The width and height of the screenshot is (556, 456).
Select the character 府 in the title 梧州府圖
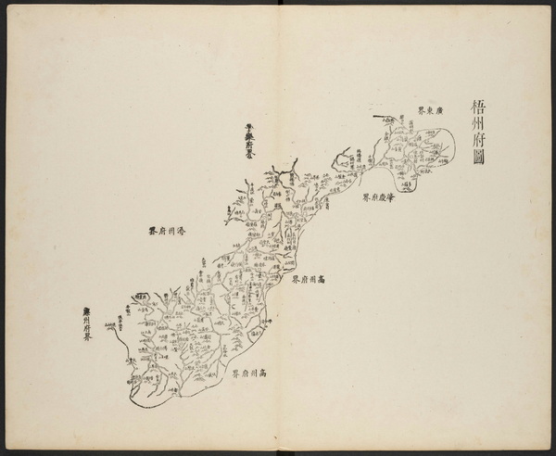pos(479,145)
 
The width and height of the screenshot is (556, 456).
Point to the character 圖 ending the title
pos(479,167)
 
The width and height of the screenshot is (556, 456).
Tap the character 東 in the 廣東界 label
pos(433,108)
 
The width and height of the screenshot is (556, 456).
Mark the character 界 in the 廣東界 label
pos(420,108)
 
